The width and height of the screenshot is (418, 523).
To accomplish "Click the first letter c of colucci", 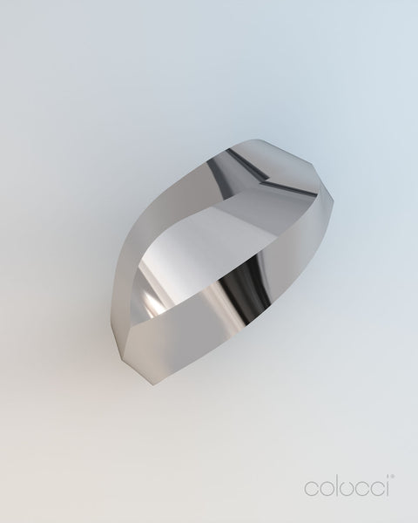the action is [x=310, y=489].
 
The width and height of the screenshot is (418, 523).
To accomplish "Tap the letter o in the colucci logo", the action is [x=325, y=489].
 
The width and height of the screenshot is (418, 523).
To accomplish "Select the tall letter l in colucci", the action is [x=335, y=486].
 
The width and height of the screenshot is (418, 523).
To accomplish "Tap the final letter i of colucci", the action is [x=387, y=487].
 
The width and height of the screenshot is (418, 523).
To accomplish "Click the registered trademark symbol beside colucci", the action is [x=393, y=477].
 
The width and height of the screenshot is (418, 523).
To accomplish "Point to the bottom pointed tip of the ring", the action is [x=152, y=384].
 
